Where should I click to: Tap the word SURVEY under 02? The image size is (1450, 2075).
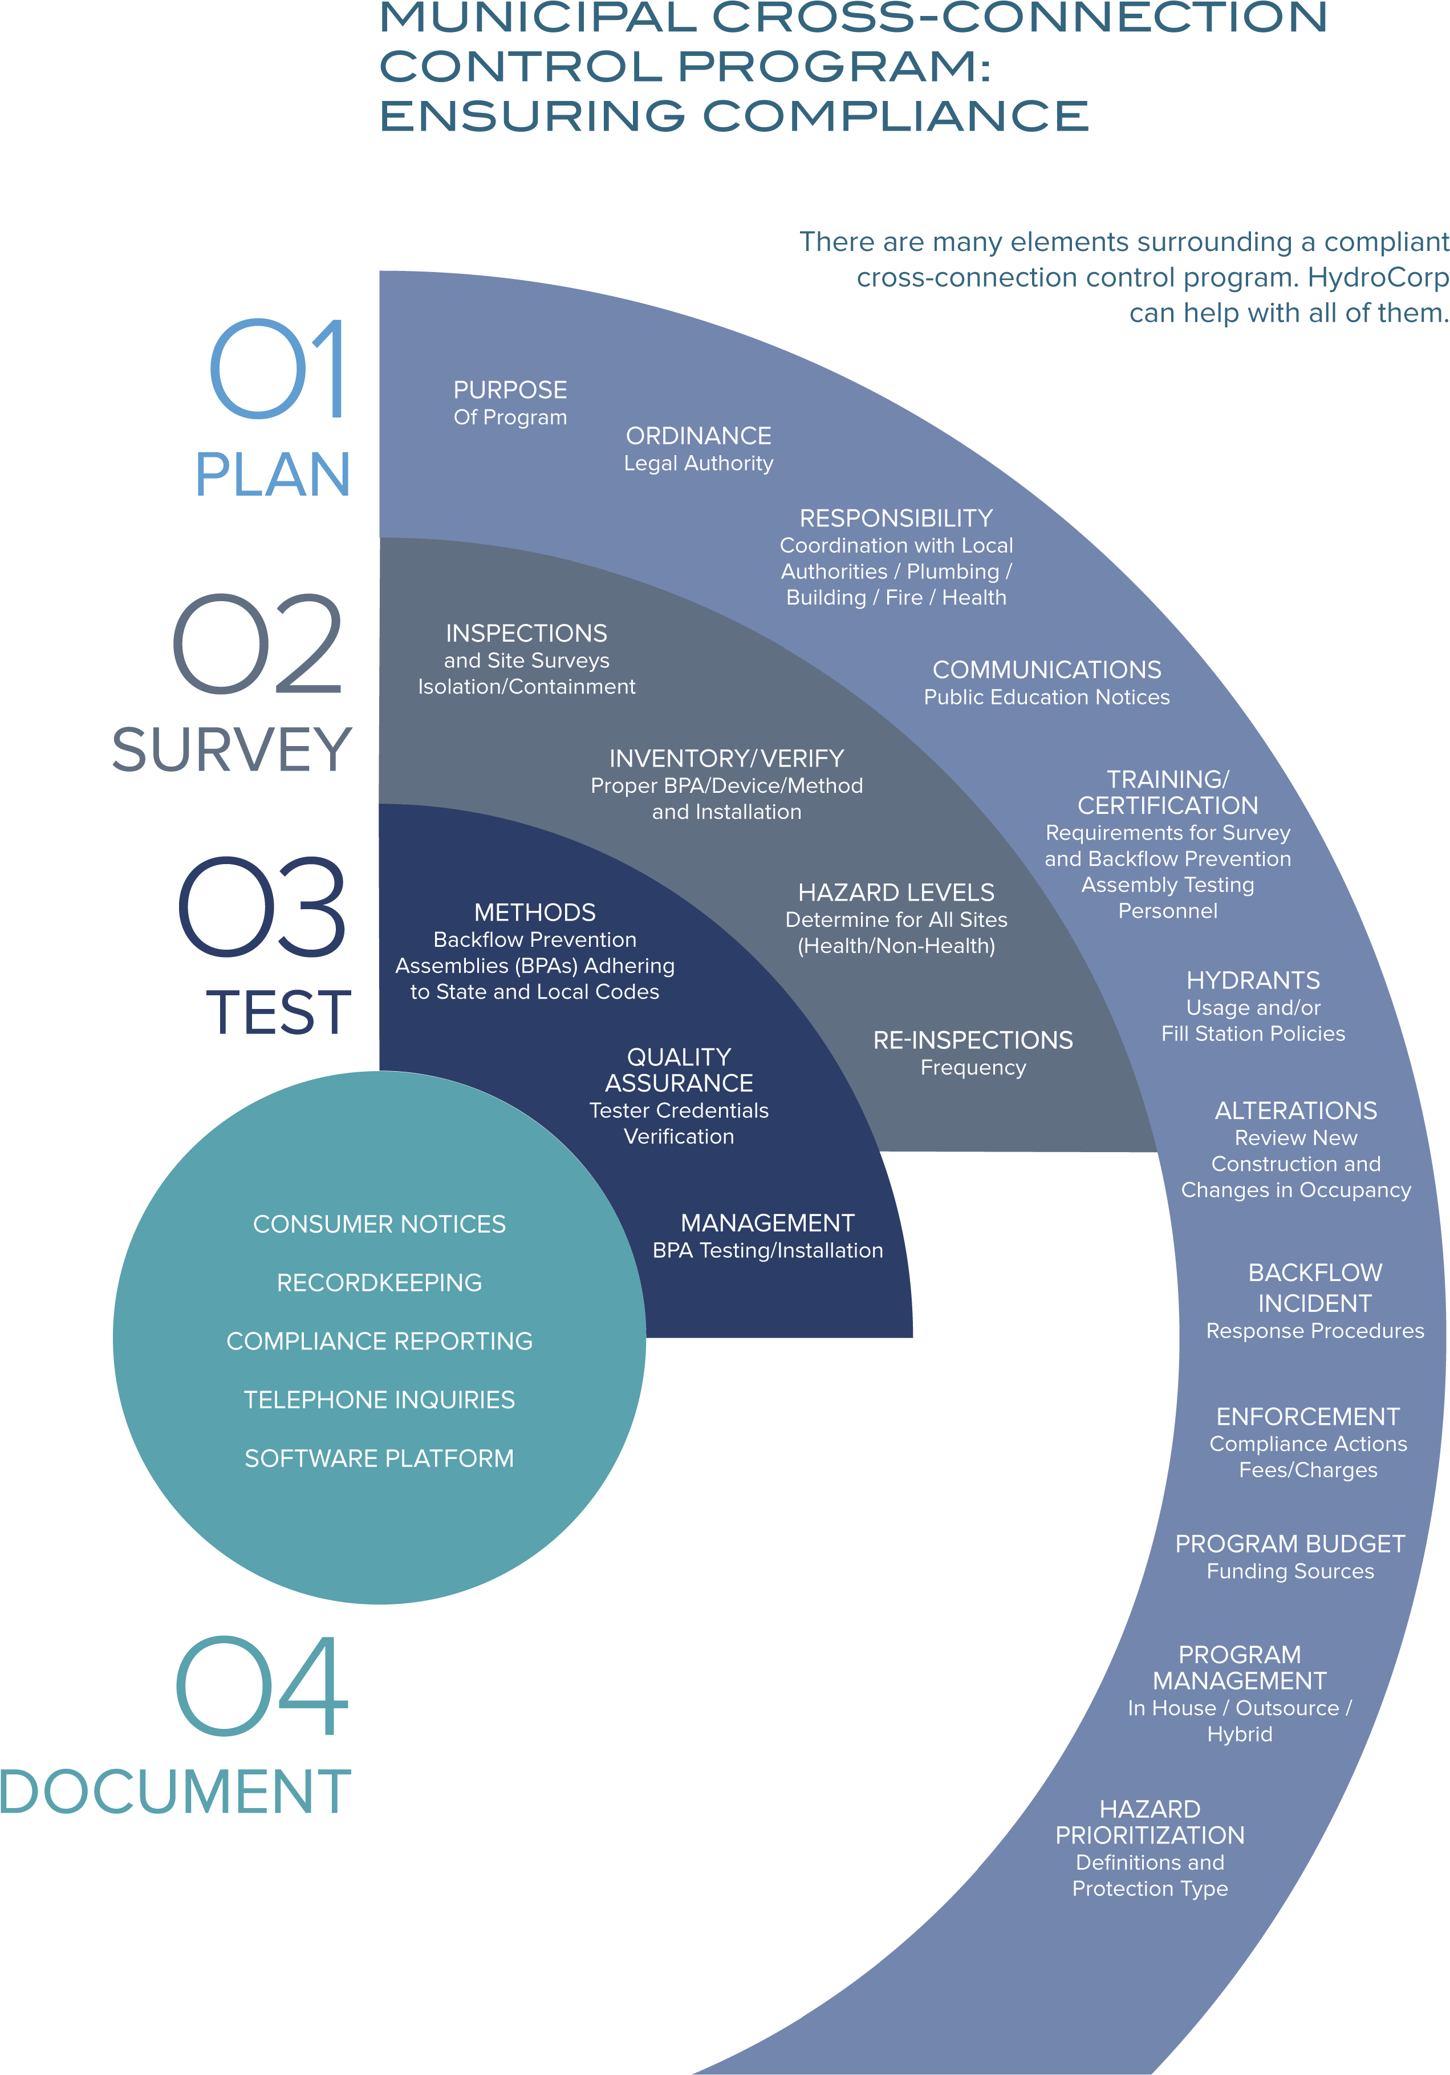tap(231, 749)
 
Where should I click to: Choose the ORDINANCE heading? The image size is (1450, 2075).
tap(698, 436)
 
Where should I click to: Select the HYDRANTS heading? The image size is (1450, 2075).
tap(1253, 980)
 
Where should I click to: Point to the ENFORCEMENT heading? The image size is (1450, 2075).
tap(1308, 1416)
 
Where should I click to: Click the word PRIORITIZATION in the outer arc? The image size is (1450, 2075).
tap(1150, 1835)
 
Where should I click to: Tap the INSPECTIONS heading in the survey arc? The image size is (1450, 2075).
tap(527, 634)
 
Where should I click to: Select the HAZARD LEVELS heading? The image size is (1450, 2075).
tap(896, 893)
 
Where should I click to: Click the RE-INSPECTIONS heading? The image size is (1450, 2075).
tap(973, 1040)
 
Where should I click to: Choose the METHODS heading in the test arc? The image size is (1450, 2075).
tap(535, 913)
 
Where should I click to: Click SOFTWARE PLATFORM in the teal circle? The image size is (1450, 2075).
tap(379, 1458)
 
